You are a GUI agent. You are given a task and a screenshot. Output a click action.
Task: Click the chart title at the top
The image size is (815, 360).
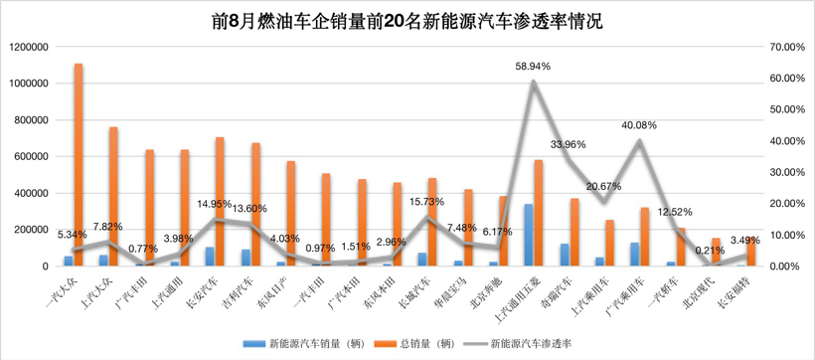pos(407,19)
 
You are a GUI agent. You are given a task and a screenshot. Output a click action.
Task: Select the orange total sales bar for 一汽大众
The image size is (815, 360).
pos(79,165)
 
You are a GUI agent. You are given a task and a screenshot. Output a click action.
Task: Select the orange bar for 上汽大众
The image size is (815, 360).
pos(113,197)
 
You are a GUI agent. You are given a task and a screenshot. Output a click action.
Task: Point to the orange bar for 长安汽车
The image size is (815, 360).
pos(220,202)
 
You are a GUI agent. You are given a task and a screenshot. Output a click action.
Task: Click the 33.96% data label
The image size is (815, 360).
pos(569,145)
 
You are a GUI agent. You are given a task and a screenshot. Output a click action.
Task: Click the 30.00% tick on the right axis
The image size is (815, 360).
pos(783,172)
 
